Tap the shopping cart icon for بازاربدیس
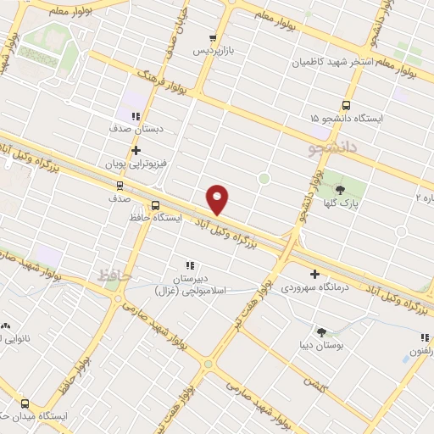pos(214,38)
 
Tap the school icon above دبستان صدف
pos(136,116)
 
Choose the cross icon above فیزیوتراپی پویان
pos(136,149)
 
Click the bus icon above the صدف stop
pos(119,185)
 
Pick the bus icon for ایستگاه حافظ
pos(154,205)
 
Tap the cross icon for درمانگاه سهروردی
pos(315,274)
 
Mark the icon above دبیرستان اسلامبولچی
pos(191,265)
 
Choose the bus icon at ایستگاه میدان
pos(24,404)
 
